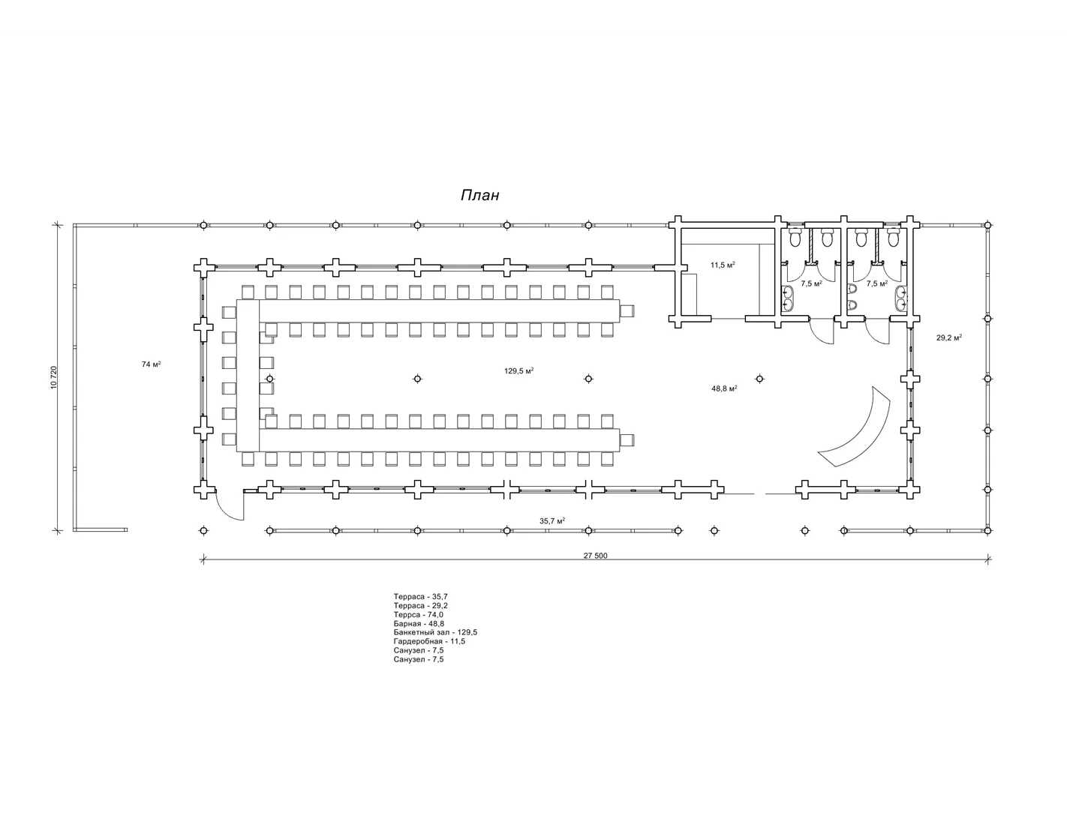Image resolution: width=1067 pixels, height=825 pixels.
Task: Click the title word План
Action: point(479,195)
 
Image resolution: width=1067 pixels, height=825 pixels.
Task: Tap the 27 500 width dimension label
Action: point(595,556)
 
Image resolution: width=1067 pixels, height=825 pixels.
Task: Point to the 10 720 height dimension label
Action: point(53,377)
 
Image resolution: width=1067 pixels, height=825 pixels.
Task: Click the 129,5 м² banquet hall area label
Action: point(519,371)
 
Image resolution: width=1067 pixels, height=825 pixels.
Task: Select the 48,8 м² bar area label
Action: point(724,388)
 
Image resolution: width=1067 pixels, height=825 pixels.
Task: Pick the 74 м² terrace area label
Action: point(152,364)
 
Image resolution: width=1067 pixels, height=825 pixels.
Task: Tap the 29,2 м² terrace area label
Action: point(948,337)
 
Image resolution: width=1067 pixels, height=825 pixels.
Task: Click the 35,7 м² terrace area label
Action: point(552,520)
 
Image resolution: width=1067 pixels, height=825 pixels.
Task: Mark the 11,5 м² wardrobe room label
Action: point(723,265)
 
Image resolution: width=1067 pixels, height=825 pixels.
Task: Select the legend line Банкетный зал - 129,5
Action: point(435,632)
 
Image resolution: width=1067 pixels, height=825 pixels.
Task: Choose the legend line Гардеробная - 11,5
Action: point(429,641)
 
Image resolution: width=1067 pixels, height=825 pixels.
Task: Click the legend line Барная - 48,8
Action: point(419,623)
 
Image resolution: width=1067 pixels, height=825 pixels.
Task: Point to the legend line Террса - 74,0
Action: point(419,614)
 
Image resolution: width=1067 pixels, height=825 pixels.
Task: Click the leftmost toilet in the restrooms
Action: point(795,238)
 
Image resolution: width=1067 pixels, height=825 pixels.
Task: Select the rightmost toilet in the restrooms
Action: point(893,238)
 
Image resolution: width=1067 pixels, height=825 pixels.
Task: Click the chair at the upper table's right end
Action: point(627,311)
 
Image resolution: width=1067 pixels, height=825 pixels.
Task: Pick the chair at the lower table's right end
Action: point(627,440)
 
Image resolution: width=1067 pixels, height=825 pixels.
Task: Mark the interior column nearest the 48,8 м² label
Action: point(759,379)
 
